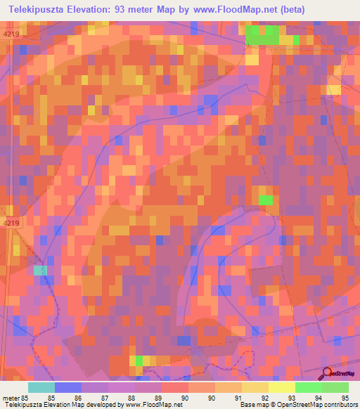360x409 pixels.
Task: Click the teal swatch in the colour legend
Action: (41, 387)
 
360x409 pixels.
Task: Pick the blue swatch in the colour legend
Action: (68, 387)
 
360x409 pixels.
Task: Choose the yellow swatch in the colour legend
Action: (281, 387)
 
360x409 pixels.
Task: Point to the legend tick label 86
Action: (90, 398)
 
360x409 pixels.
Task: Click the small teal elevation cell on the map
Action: (40, 270)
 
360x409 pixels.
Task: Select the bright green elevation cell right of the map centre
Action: (265, 200)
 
